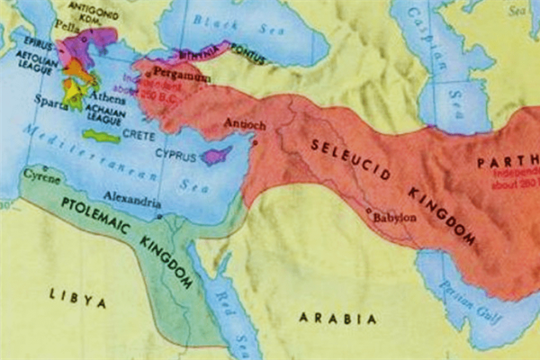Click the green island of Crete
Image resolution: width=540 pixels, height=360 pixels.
point(101,136)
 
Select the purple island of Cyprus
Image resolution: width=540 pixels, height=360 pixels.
point(216,157)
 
